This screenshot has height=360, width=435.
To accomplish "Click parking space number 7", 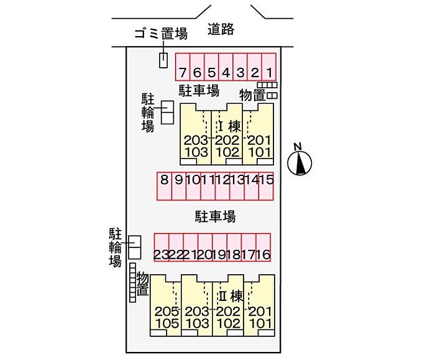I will click(181, 72).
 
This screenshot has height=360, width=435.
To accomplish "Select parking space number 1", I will click(269, 72).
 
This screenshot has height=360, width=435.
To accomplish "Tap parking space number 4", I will click(226, 72).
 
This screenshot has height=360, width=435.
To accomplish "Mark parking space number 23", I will click(161, 255).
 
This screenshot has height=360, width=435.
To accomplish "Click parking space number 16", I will click(263, 255).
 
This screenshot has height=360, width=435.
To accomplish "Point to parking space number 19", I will click(219, 255).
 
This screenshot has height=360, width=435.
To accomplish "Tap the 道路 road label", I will click(221, 29).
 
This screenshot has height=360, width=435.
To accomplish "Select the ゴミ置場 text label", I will click(161, 34).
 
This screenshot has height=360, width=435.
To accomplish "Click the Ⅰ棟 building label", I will click(229, 126).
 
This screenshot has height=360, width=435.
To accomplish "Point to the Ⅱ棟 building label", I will click(229, 295).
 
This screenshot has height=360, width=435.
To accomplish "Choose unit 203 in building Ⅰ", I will click(195, 139).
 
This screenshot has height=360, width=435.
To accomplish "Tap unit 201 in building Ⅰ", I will click(259, 139).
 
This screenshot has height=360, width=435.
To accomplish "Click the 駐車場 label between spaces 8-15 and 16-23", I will click(215, 216).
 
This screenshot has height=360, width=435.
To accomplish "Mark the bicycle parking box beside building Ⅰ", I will click(167, 113).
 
